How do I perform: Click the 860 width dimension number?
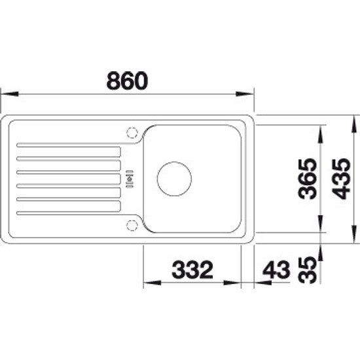pos(128,81)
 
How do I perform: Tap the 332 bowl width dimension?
pos(192,270)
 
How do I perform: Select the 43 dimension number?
pos(276,270)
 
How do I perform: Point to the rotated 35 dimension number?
pos(307,270)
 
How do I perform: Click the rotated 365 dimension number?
pos(307,179)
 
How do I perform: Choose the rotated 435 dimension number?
pos(342,179)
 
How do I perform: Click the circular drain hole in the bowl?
pos(174,179)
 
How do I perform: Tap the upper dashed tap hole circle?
pos(132,133)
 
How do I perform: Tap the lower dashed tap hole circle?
pos(132,225)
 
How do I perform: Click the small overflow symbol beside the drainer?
pos(130,179)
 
